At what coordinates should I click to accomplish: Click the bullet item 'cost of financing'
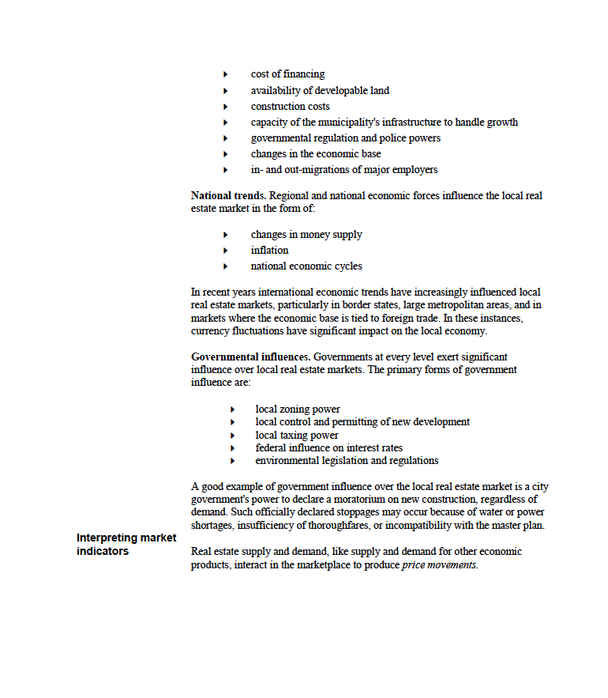click(287, 74)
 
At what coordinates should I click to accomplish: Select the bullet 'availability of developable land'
click(320, 90)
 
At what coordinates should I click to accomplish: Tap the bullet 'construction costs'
click(291, 106)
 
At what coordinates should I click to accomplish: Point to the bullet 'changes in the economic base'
click(316, 153)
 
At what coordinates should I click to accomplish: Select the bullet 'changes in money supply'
click(306, 234)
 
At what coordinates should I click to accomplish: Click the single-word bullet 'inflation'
click(270, 250)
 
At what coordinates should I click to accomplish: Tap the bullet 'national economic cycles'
click(306, 266)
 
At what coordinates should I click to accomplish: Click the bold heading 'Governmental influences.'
click(250, 357)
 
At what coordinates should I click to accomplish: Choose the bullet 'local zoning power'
click(298, 409)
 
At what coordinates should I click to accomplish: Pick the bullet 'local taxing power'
click(297, 435)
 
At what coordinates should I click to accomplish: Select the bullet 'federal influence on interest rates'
click(328, 447)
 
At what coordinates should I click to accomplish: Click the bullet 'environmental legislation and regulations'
click(347, 460)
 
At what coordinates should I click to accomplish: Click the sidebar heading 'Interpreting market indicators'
click(126, 545)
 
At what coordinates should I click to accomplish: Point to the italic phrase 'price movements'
click(439, 565)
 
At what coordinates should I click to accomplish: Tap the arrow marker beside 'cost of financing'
click(225, 75)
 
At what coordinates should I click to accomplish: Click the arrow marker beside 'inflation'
click(225, 251)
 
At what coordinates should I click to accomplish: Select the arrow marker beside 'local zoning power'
click(233, 409)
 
